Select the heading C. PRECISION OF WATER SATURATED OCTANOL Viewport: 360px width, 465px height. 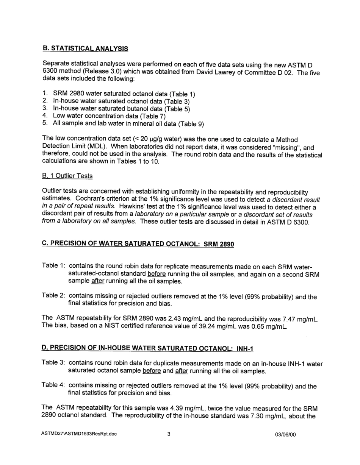click(138, 244)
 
